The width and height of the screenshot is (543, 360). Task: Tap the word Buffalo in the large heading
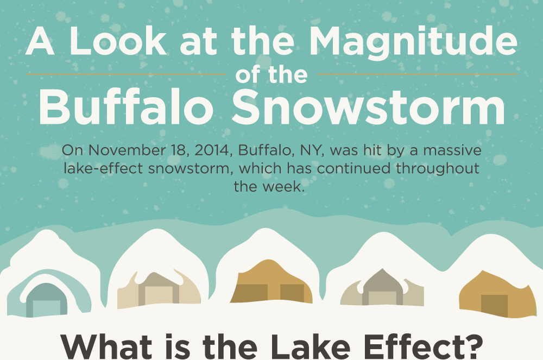(126, 106)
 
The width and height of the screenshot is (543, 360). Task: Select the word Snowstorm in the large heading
(369, 107)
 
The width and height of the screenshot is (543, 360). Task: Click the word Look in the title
(118, 41)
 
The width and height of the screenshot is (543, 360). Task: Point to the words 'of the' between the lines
(271, 75)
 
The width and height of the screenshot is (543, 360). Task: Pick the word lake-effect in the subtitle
(103, 168)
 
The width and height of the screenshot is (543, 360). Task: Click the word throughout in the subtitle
(438, 168)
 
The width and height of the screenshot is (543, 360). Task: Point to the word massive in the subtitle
(452, 150)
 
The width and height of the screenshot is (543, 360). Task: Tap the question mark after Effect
(473, 346)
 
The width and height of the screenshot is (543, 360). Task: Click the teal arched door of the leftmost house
(46, 300)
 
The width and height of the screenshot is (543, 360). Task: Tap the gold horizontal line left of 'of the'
(126, 74)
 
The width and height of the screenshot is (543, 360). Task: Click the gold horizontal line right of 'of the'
(417, 74)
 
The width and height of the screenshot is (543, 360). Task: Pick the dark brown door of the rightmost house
(494, 306)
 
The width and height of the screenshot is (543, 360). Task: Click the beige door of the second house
(159, 295)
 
